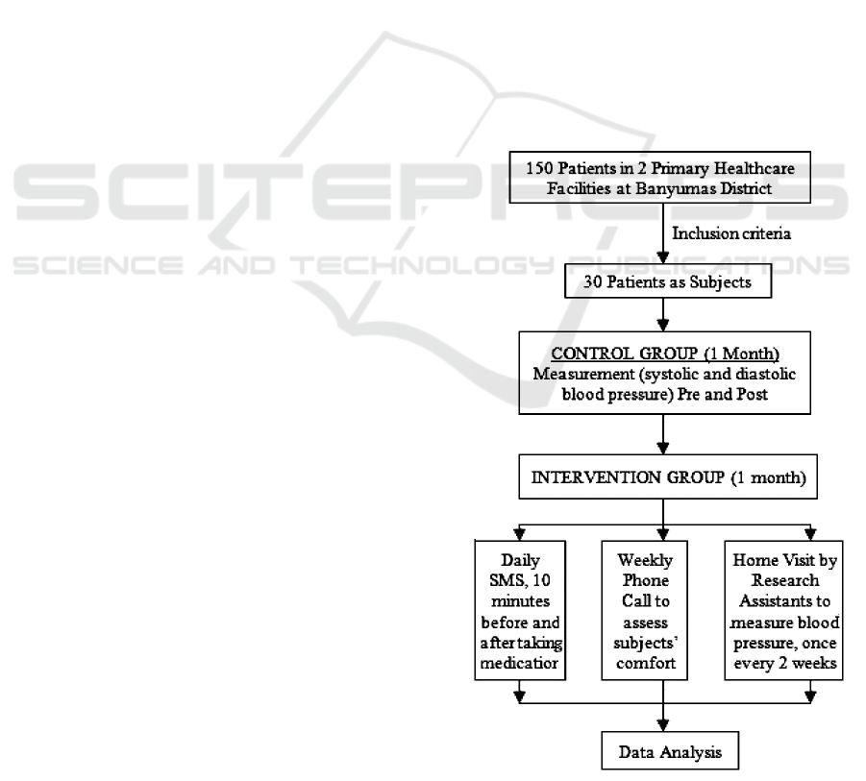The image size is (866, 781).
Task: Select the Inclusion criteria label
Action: click(x=724, y=233)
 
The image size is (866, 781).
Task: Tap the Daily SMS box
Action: click(x=520, y=612)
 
